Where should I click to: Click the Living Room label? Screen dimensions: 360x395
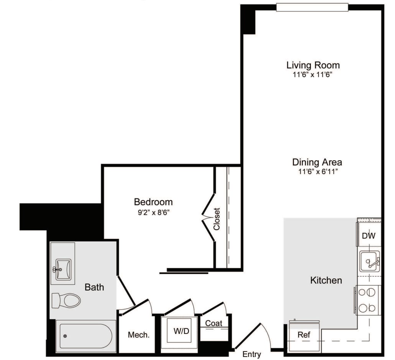[313, 65]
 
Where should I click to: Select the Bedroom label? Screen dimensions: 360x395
[153, 202]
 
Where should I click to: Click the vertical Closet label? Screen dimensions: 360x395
[217, 219]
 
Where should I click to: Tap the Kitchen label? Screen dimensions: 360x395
[326, 280]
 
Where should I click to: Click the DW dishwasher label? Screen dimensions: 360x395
[369, 236]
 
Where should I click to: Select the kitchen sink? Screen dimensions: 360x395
[369, 262]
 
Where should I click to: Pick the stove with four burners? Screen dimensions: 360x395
[367, 300]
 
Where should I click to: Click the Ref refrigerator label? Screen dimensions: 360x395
[304, 335]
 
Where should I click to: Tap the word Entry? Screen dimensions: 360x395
[252, 354]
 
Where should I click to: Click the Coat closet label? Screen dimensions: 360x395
[213, 324]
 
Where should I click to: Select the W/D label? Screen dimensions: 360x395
[181, 331]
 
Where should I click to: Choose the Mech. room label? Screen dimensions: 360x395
[139, 335]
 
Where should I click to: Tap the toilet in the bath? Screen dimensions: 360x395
[68, 300]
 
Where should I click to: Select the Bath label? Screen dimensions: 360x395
[94, 287]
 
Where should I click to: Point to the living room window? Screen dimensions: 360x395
[312, 7]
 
